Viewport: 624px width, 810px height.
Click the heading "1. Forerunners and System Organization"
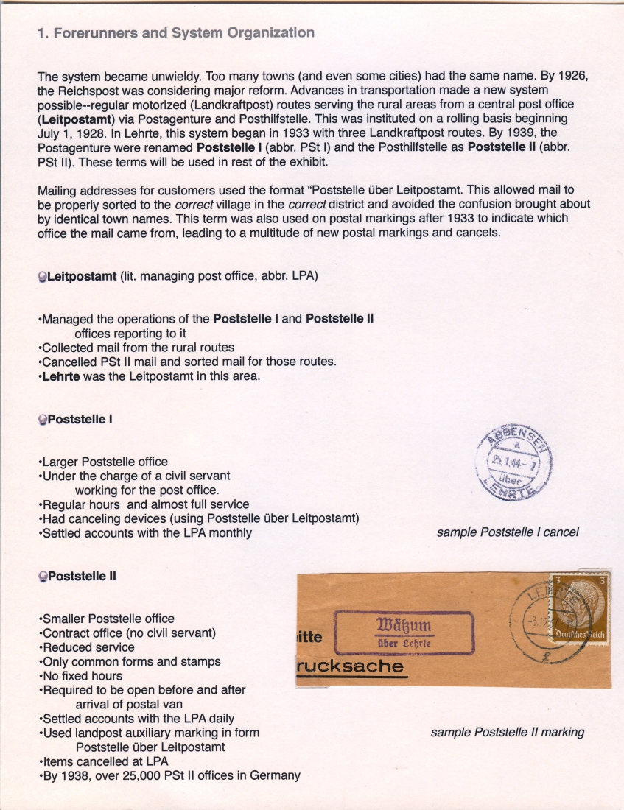point(175,33)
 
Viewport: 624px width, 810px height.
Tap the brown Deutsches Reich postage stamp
point(579,609)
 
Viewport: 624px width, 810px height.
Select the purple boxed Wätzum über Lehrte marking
point(404,633)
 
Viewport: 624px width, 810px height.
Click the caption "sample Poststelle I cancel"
point(508,532)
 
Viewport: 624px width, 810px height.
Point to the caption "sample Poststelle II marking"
point(507,732)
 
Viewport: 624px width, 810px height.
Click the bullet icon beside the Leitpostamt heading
point(42,277)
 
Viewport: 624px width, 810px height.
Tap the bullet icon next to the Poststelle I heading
point(42,420)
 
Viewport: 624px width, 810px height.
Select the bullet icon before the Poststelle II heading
point(42,577)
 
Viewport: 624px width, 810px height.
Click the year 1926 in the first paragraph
point(572,77)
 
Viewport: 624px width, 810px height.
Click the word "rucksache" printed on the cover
point(350,667)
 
